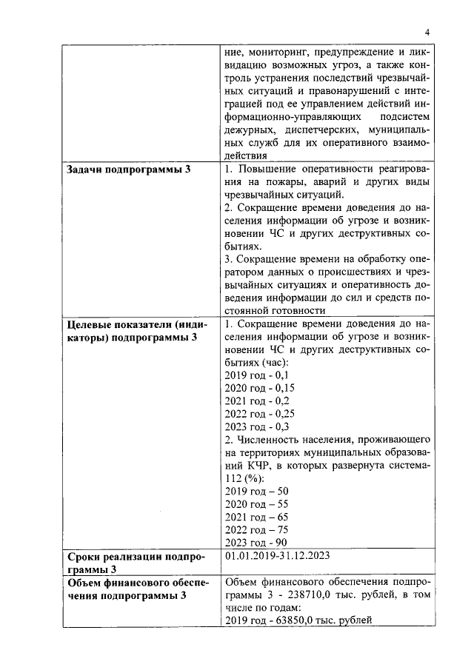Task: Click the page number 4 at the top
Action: (x=427, y=31)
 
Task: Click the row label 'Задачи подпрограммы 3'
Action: (x=128, y=170)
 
